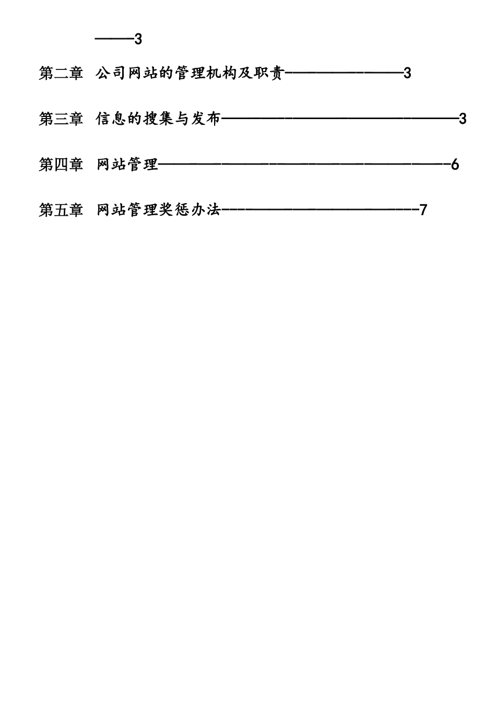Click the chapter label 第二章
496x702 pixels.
coord(61,74)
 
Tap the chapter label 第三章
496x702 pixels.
coord(61,119)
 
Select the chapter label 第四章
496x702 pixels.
coord(61,165)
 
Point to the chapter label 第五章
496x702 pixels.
coord(61,210)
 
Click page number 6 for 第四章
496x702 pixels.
coord(455,165)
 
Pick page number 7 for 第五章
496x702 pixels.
coord(423,210)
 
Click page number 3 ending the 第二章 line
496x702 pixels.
coord(407,74)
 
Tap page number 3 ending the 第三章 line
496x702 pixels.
coord(463,119)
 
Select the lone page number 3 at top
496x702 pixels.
coord(138,39)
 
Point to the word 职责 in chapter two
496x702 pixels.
coord(268,74)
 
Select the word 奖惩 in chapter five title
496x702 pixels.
coord(174,210)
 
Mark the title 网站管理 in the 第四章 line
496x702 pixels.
coord(127,165)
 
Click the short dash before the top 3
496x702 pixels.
coord(114,39)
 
